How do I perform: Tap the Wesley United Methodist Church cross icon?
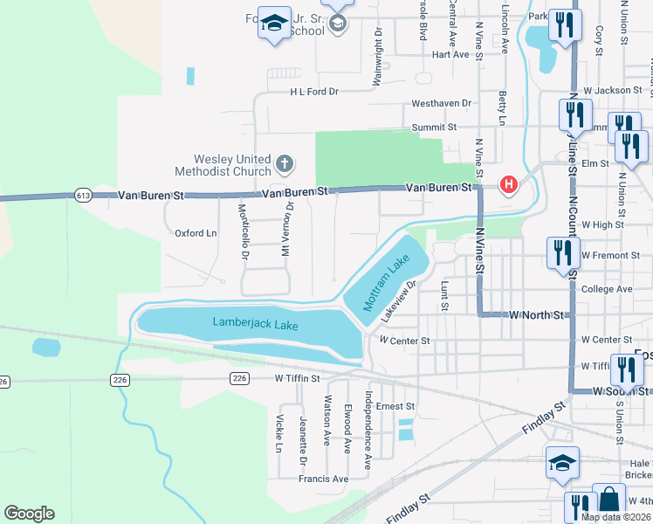(284, 163)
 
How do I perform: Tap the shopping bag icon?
(608, 500)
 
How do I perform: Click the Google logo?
(29, 514)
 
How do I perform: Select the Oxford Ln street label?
(196, 233)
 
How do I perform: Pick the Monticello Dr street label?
(244, 230)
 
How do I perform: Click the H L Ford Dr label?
(313, 91)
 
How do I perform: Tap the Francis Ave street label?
(323, 479)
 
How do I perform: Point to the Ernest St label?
(395, 406)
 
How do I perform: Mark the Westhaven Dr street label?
(442, 103)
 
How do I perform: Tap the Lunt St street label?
(444, 296)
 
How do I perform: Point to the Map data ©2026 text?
(615, 516)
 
